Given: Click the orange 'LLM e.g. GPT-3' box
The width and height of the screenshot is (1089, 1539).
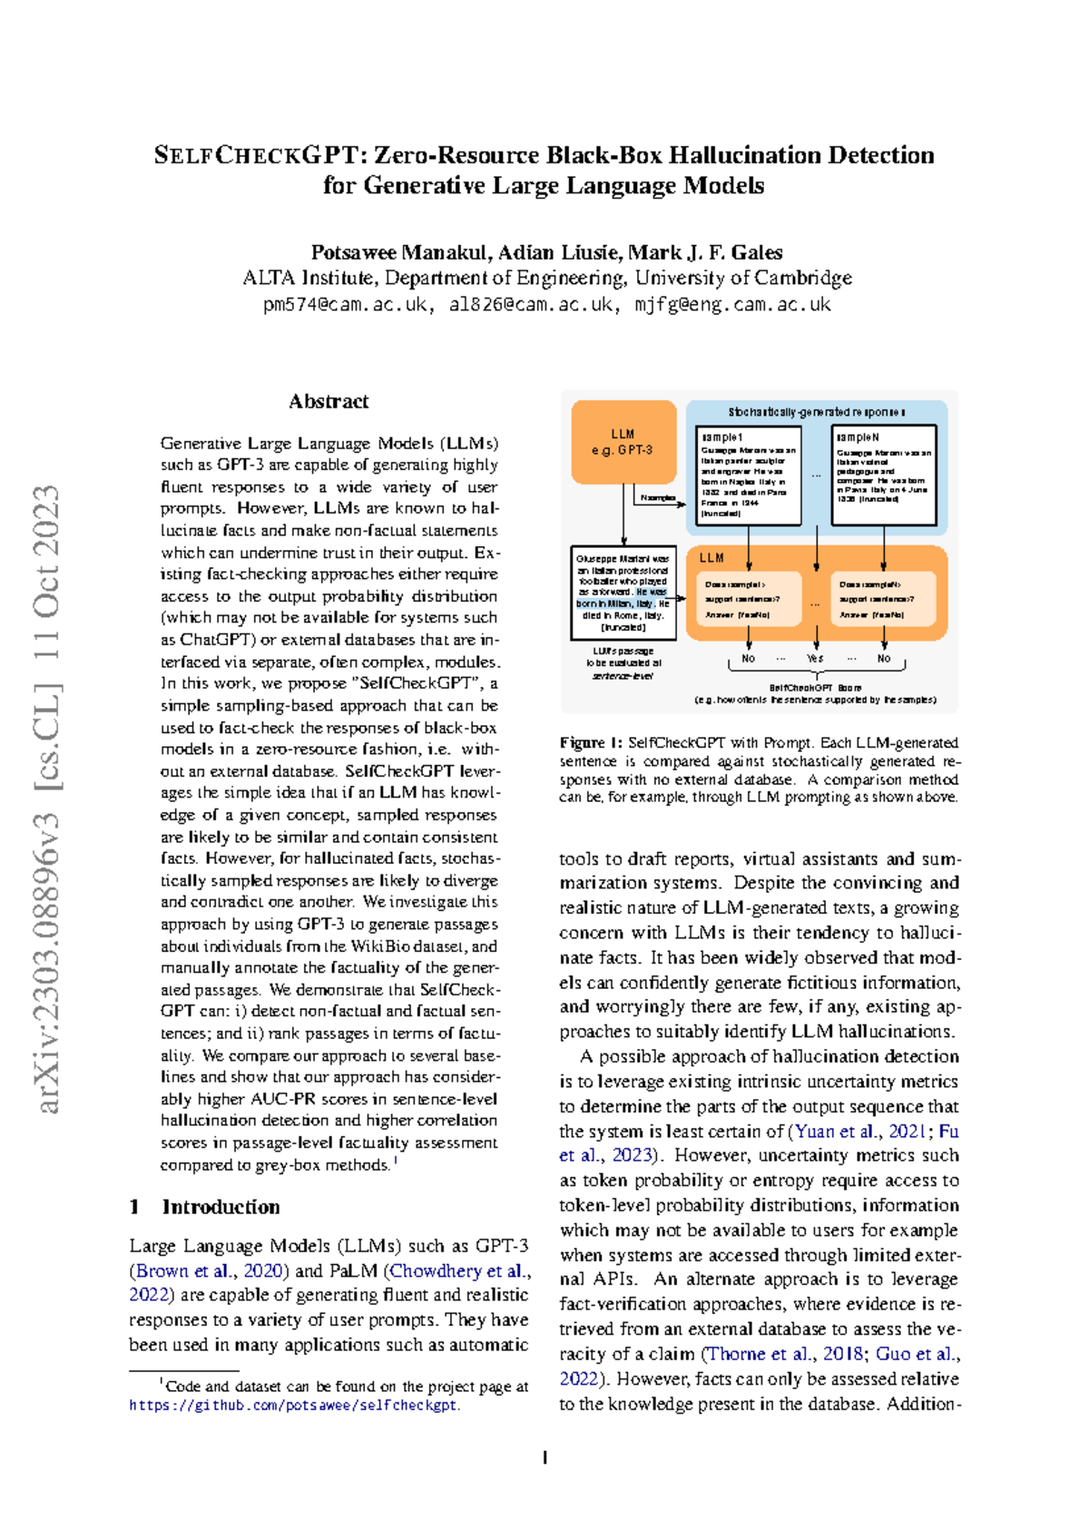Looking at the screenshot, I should tap(623, 442).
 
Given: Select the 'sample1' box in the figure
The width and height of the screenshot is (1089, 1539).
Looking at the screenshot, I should tap(748, 475).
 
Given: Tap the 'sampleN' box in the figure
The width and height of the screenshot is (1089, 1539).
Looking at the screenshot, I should tap(883, 475).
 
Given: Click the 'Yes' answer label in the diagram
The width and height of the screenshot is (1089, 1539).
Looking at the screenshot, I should tap(815, 658).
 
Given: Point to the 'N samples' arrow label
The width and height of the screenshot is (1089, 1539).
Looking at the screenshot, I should tap(658, 497).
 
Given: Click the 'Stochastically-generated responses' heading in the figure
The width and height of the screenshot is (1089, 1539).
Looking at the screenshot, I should tap(816, 412).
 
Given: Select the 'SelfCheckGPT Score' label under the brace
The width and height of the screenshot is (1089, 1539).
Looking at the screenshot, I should tap(815, 688).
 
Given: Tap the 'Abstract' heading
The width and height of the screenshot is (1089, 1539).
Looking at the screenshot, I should tap(329, 401).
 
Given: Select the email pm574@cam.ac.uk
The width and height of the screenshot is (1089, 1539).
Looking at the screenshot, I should tap(345, 305).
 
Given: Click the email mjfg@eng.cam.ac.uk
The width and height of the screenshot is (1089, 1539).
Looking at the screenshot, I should tap(732, 305).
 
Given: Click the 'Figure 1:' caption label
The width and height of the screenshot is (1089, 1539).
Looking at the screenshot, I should tap(591, 742).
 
